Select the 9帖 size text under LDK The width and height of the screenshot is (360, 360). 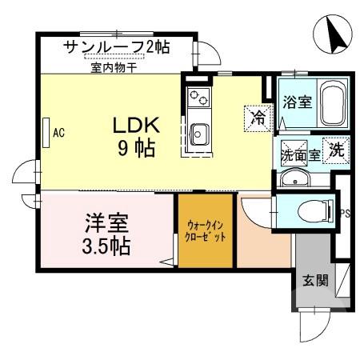[x=136, y=148]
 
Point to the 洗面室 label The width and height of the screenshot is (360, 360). [x=300, y=155]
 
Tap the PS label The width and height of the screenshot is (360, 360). [x=345, y=213]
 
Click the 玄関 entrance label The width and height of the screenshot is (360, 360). [x=314, y=281]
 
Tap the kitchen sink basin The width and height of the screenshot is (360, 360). [x=198, y=134]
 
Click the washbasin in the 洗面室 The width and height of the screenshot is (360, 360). [x=297, y=178]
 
